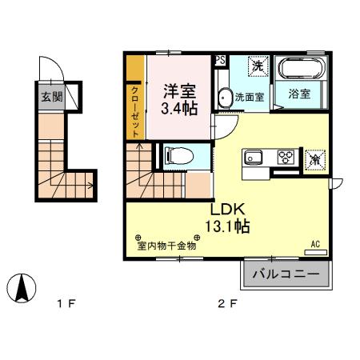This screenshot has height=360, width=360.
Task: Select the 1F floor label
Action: (66, 303)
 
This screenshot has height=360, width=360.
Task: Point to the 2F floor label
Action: (229, 303)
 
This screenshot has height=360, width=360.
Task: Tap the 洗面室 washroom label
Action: (255, 97)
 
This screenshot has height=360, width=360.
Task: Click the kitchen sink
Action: (255, 157)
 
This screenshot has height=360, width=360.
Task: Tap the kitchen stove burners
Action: (285, 157)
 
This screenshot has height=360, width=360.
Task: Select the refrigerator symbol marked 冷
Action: (314, 158)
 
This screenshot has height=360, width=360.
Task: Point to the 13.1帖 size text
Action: (227, 226)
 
